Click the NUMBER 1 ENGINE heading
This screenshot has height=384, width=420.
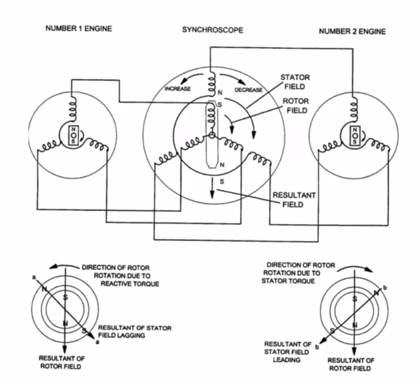pos(79,28)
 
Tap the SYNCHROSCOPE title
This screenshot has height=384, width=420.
pos(212,30)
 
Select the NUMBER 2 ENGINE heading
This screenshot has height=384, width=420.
pos(352,32)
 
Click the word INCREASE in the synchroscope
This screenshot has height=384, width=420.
pos(177,89)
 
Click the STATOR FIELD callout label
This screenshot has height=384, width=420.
pos(295,82)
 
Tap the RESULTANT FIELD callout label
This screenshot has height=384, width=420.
pos(294,199)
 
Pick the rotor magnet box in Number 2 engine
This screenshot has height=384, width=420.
pos(354,134)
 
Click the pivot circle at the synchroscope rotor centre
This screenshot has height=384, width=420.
pos(212,137)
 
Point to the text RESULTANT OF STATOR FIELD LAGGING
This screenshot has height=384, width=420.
pos(135,332)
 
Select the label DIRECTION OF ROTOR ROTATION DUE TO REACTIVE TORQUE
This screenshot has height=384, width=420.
pos(120,275)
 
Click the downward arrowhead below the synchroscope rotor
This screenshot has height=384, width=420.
pos(212,196)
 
